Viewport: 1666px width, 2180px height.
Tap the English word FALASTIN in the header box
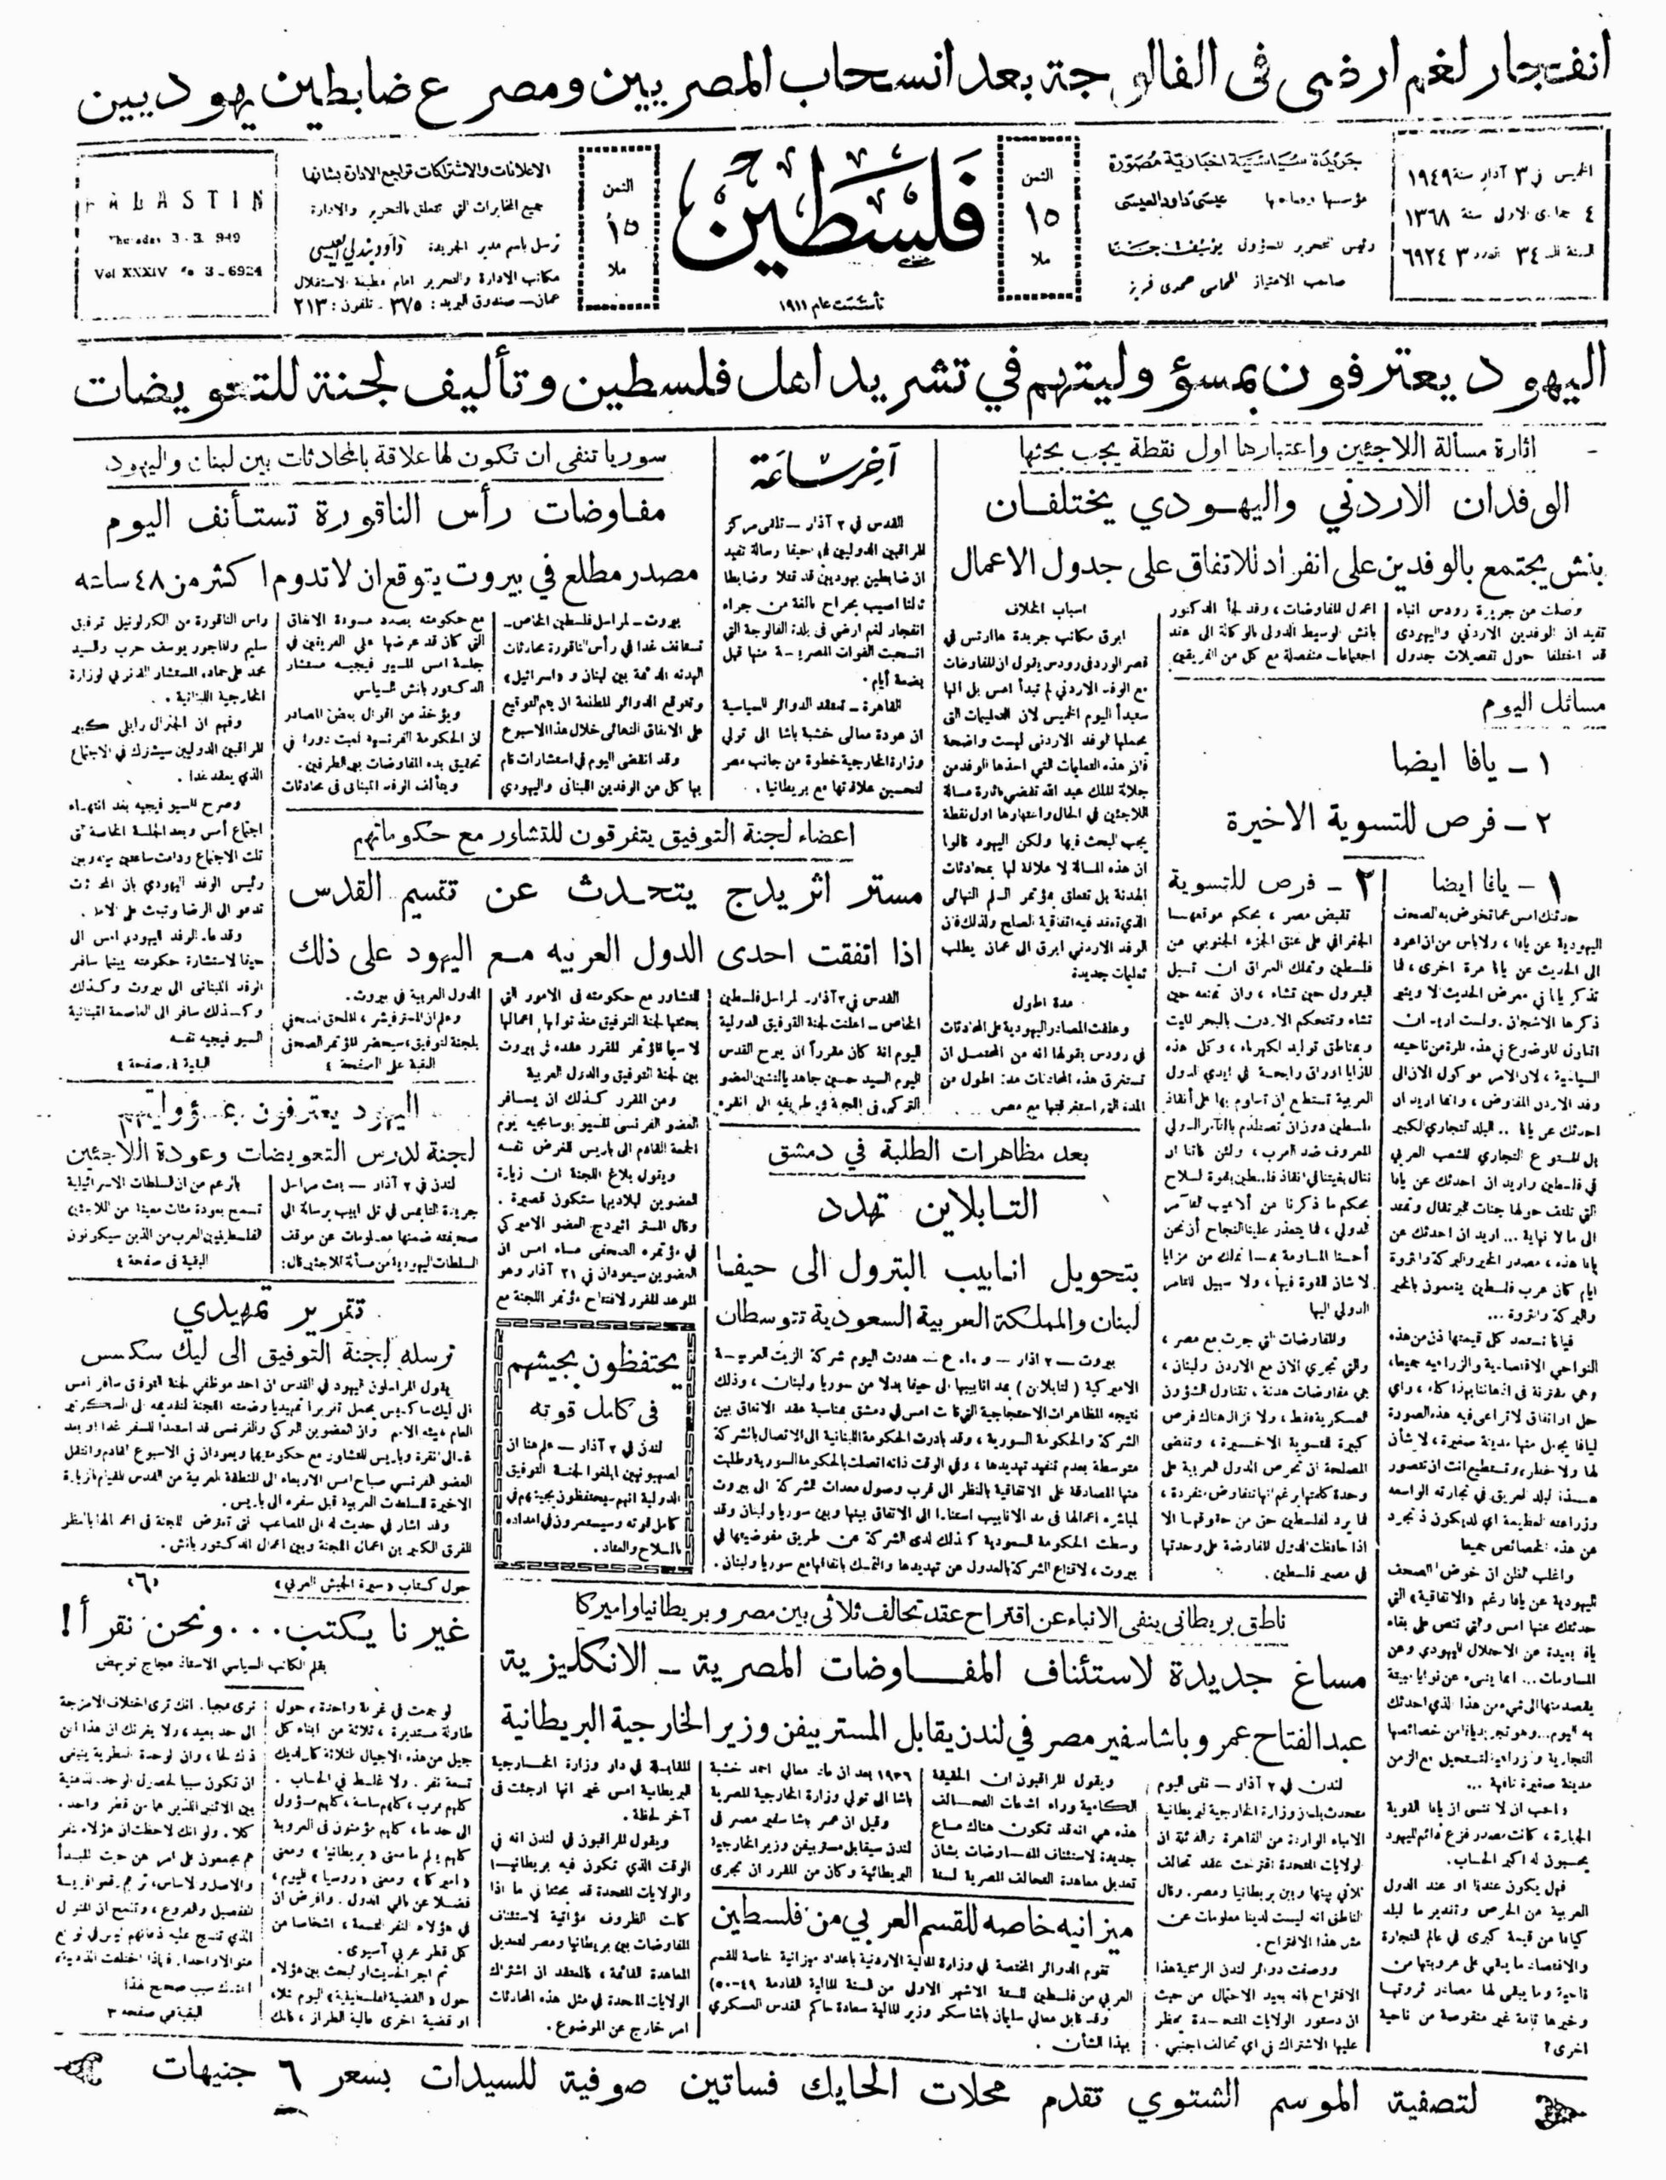pos(175,199)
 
